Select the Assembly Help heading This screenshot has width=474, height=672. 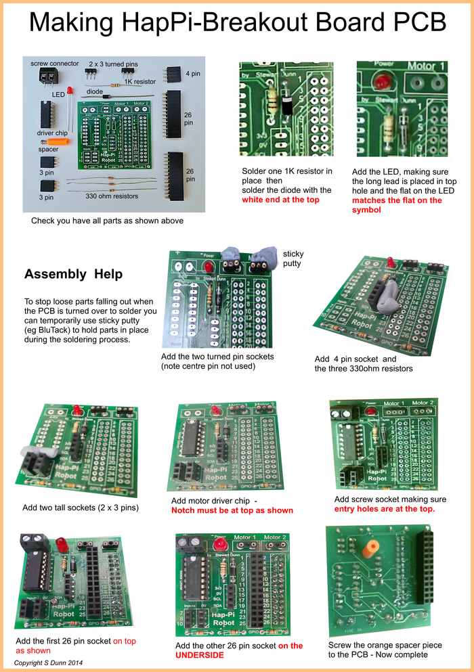pos(73,274)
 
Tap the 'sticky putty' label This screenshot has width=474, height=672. pos(293,259)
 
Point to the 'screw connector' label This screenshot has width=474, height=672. pos(55,63)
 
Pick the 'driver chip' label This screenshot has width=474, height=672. pos(51,133)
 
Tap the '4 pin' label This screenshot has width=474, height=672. pos(193,72)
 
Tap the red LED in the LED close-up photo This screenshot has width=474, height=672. pos(383,82)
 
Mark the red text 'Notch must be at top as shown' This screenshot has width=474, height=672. pos(232,510)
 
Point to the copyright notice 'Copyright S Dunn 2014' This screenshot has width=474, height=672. pos(49,663)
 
